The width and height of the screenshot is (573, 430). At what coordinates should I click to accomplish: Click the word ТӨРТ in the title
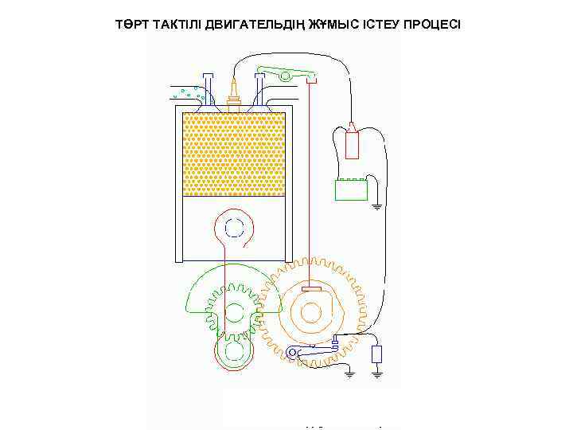pyautogui.click(x=132, y=24)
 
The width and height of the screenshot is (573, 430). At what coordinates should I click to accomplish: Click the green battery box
pyautogui.click(x=351, y=190)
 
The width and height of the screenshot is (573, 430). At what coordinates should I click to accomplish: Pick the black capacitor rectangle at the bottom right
pyautogui.click(x=378, y=354)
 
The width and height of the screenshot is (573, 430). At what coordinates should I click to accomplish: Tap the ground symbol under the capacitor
pyautogui.click(x=378, y=371)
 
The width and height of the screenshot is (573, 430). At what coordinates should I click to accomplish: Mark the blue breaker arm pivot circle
pyautogui.click(x=294, y=354)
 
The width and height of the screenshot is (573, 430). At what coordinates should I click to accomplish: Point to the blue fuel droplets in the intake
pyautogui.click(x=189, y=92)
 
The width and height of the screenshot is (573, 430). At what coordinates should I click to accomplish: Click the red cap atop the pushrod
pyautogui.click(x=311, y=80)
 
